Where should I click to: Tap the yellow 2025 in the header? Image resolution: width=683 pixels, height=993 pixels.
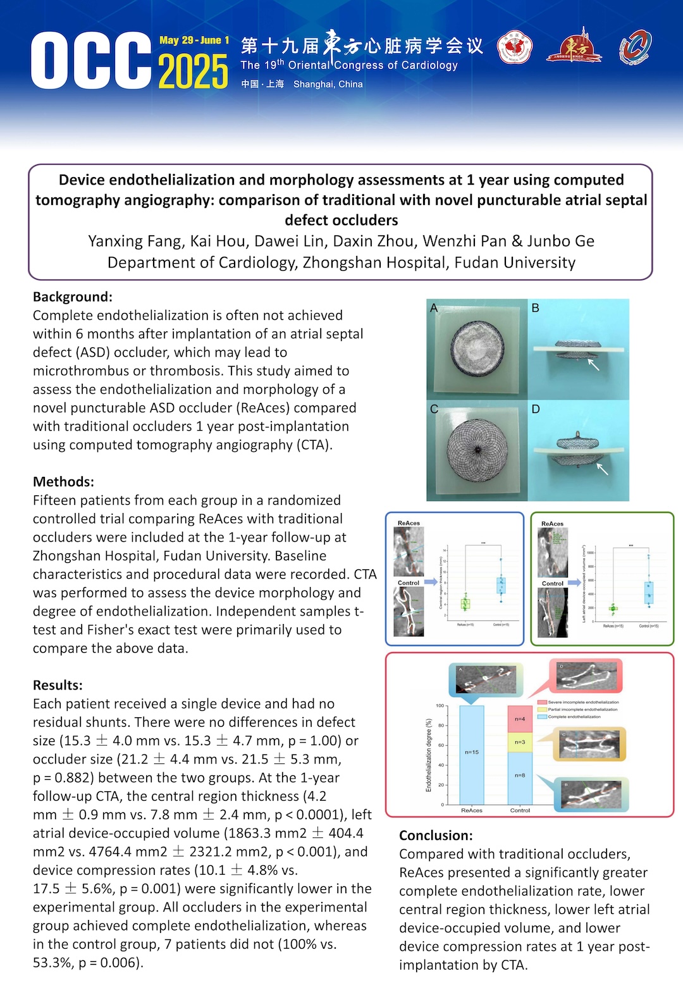click(193, 71)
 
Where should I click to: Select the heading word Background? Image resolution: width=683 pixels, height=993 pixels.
click(73, 297)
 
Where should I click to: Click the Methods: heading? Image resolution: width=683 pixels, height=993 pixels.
click(64, 481)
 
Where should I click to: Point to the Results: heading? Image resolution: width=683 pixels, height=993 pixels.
click(58, 685)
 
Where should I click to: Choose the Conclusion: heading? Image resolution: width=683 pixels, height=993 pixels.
click(436, 836)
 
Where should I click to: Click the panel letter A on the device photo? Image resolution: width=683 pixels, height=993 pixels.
click(434, 308)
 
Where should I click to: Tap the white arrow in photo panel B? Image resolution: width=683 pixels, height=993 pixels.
click(593, 364)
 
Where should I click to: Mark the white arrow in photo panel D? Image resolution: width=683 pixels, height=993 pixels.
click(602, 469)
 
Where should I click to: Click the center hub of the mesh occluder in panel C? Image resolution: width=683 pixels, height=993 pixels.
click(477, 450)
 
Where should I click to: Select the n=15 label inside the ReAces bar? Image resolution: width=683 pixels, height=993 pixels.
click(472, 752)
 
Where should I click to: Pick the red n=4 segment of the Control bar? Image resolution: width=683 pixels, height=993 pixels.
click(520, 719)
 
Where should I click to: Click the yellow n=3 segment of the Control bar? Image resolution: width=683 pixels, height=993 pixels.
click(520, 742)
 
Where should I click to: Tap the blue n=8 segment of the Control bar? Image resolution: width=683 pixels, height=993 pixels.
click(520, 775)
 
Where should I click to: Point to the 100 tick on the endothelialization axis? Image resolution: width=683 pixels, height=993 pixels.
click(440, 706)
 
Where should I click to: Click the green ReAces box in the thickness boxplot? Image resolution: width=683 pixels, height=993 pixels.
click(465, 604)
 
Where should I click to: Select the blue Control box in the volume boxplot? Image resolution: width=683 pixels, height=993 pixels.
click(649, 593)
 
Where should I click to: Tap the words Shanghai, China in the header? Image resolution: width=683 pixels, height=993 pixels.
click(328, 84)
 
